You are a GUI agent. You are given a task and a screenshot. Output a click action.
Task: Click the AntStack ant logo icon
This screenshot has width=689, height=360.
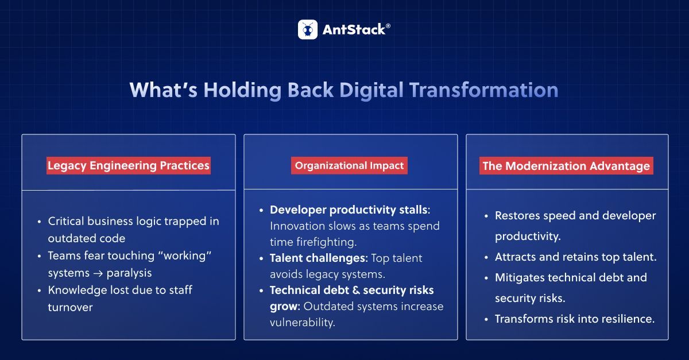coord(308,29)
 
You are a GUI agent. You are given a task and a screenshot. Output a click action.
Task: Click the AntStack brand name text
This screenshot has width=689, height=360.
coord(353,30)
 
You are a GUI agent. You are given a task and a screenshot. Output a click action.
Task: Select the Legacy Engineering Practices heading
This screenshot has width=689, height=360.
coord(129,166)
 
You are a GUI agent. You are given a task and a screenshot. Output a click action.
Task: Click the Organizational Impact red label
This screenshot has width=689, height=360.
coord(350,166)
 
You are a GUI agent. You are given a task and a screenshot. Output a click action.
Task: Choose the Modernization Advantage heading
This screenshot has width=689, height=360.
coord(566,167)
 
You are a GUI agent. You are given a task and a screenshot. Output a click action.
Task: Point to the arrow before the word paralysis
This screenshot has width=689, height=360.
coord(99,273)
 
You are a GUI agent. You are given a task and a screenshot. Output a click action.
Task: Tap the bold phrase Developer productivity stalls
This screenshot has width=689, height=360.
coord(349,210)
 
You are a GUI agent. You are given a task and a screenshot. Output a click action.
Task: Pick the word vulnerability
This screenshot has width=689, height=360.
coord(302,322)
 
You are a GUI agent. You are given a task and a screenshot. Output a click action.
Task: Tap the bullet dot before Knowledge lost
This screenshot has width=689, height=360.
coord(39,291)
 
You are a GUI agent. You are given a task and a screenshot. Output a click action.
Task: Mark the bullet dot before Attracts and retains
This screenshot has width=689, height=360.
coord(486,257)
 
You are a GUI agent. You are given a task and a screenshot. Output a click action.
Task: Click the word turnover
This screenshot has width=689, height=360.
coord(70,307)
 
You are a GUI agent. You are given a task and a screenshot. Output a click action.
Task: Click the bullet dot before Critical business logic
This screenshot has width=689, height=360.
coord(39,222)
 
